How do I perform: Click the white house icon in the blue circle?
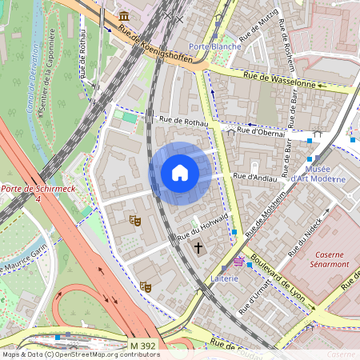180,173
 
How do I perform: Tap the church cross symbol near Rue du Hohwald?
198,248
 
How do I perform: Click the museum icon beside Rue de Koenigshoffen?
124,16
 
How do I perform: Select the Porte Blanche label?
214,46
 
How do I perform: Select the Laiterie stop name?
226,278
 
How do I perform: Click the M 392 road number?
142,345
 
